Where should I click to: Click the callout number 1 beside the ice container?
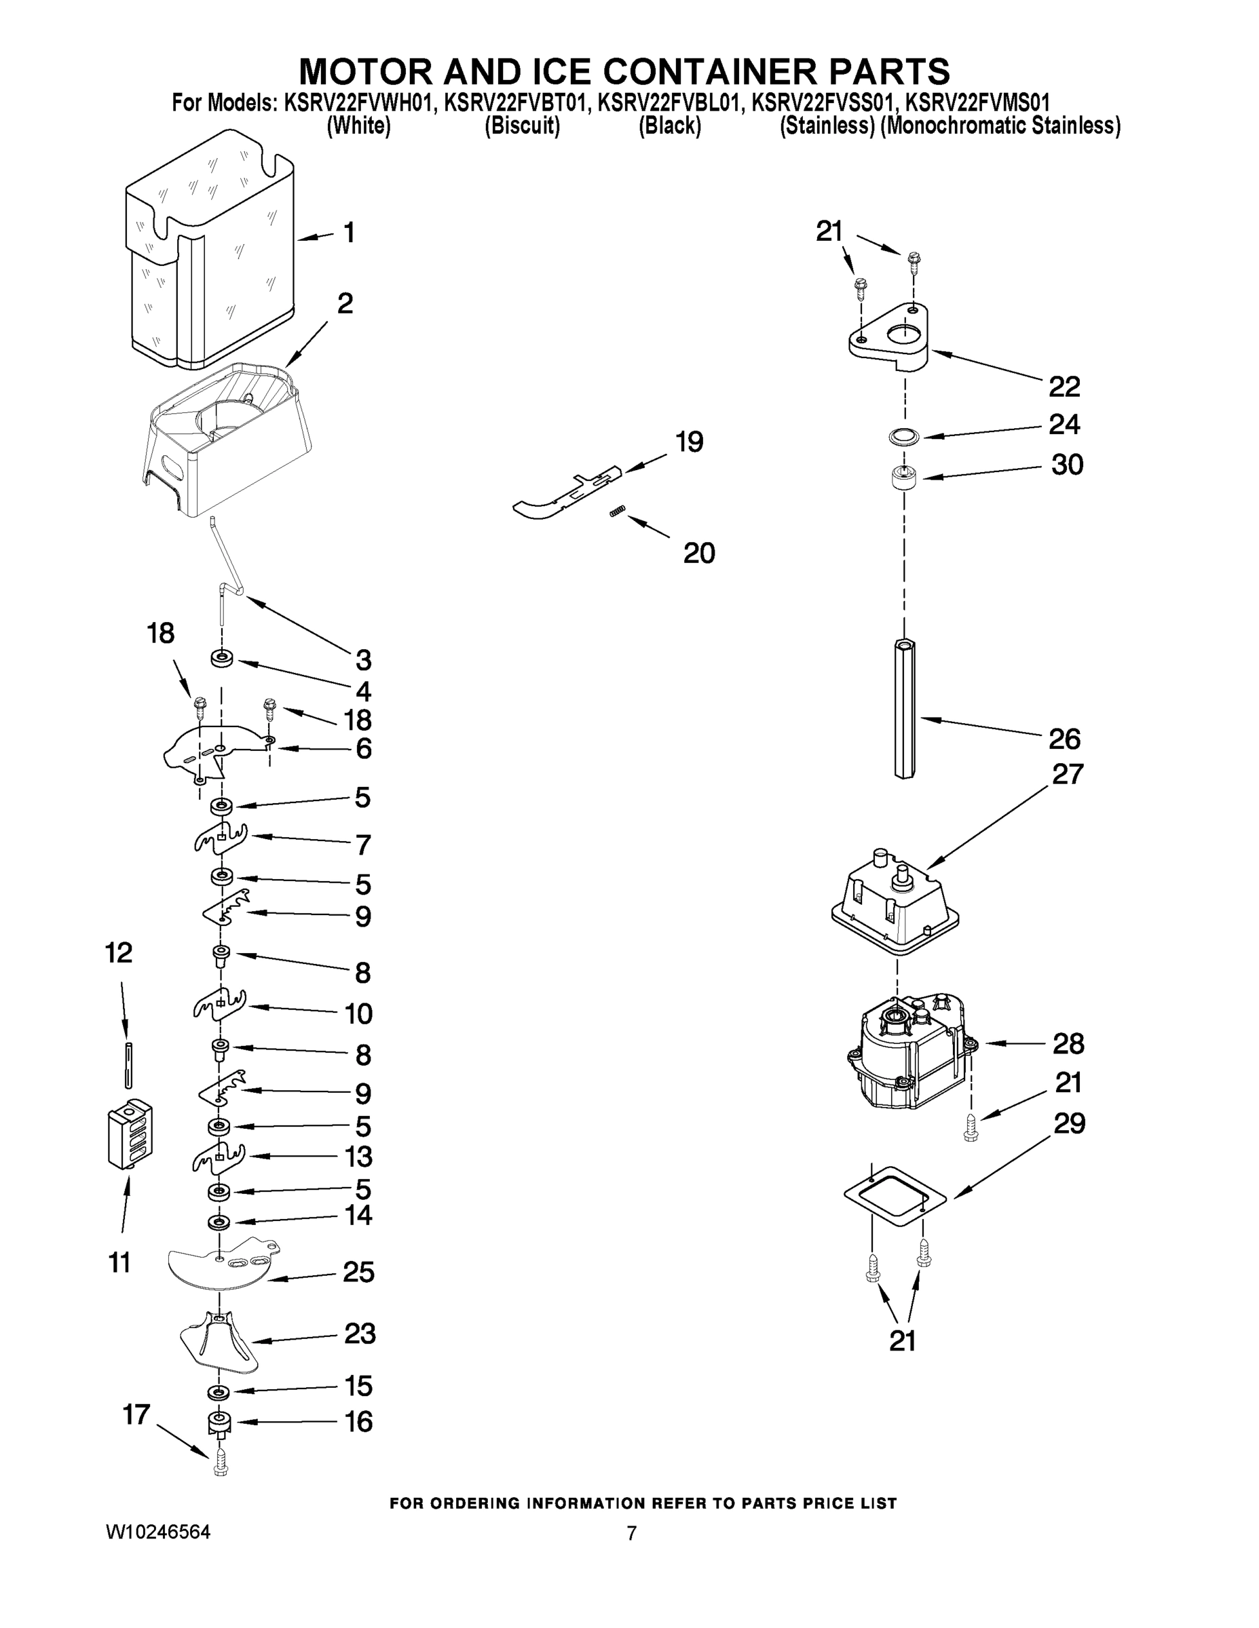(x=348, y=233)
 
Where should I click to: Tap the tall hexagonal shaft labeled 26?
(x=904, y=708)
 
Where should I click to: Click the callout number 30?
(x=1066, y=465)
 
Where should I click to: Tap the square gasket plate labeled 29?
(x=895, y=1197)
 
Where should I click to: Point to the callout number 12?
(x=119, y=952)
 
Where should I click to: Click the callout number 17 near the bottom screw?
(x=136, y=1414)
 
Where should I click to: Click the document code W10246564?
(x=158, y=1532)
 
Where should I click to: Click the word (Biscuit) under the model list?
(x=522, y=126)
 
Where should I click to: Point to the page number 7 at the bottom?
(x=631, y=1533)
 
